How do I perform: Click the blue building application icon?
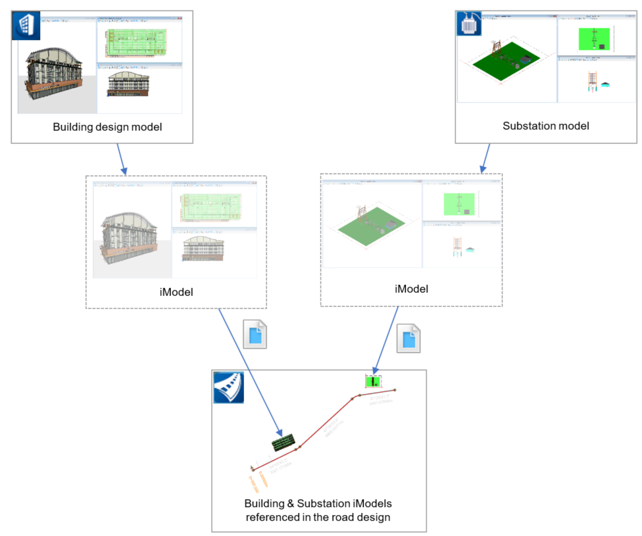(x=26, y=27)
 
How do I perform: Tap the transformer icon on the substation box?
(x=468, y=23)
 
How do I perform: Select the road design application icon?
(x=228, y=387)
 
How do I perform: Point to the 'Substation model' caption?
(x=545, y=126)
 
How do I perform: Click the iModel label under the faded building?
(x=176, y=291)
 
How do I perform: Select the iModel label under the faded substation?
(x=411, y=289)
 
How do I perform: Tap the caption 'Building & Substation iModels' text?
(x=318, y=504)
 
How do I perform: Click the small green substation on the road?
(x=374, y=381)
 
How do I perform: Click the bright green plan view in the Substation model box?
(x=593, y=39)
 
